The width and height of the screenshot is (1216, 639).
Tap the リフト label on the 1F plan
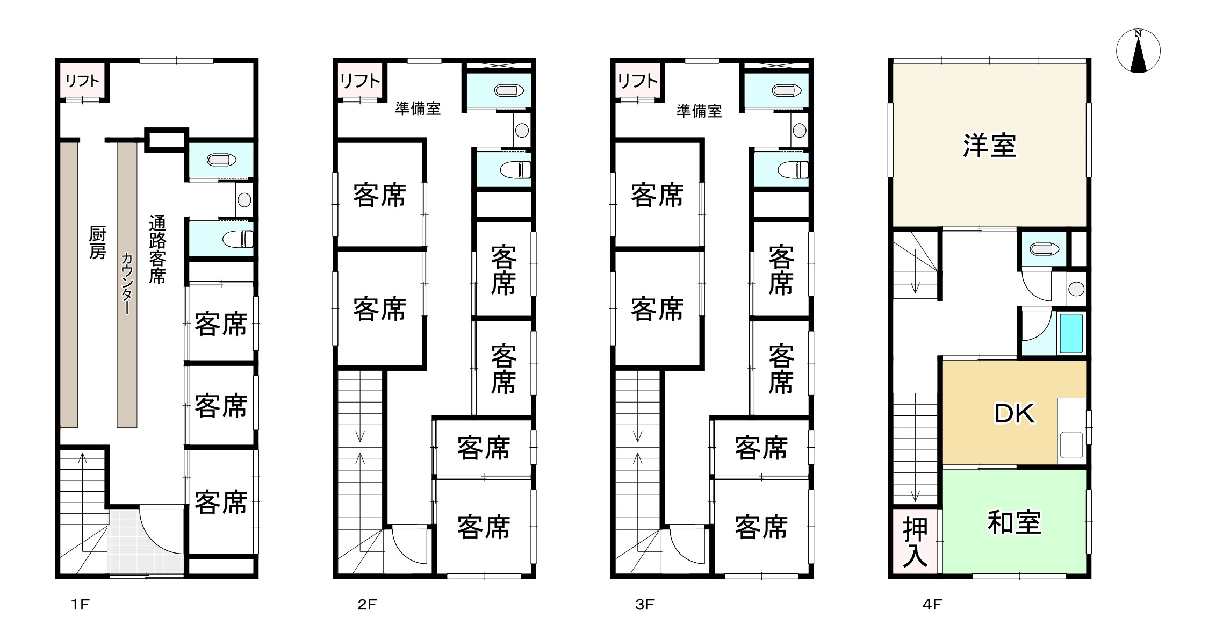[82, 81]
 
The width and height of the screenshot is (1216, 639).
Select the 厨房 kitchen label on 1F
[97, 243]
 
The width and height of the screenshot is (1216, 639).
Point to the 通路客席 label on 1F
[157, 249]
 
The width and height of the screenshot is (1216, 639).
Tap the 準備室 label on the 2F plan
[418, 109]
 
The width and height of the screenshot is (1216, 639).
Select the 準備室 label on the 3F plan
[699, 111]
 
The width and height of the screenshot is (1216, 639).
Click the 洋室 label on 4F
[989, 146]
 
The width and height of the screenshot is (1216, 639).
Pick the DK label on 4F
[1014, 413]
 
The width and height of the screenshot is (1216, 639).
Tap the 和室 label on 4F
[1014, 522]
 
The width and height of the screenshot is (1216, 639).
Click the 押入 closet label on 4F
[915, 542]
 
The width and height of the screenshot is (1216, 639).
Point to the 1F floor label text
[80, 605]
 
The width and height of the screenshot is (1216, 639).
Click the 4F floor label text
[932, 605]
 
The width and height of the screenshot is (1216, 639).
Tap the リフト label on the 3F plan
[637, 81]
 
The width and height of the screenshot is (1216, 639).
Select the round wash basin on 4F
[1076, 289]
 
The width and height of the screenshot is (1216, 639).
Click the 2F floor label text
[367, 605]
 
